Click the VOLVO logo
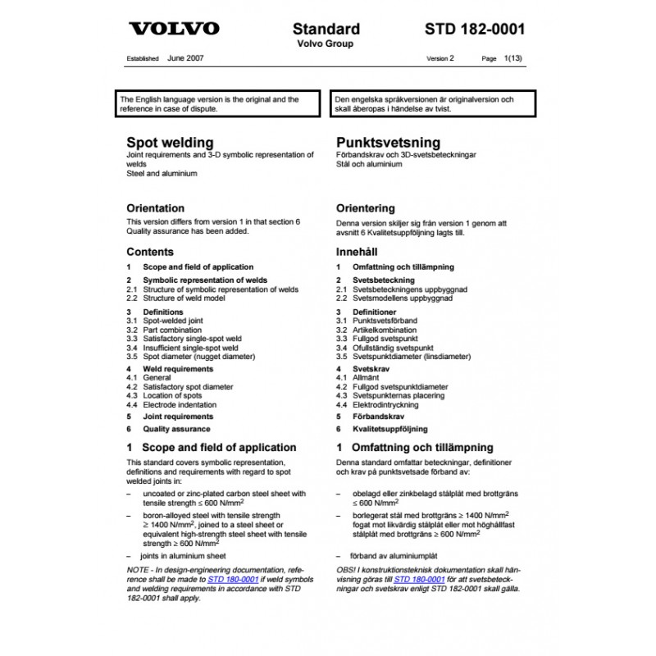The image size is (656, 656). coord(174,29)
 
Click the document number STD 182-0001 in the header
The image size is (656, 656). coord(475,29)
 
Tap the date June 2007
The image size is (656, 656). coord(185,59)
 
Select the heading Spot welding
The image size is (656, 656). coord(170,143)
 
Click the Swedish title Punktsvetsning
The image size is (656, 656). coord(388,143)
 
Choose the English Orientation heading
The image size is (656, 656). coord(155,208)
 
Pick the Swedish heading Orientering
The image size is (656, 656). coord(365,208)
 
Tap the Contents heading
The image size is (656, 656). coord(150,252)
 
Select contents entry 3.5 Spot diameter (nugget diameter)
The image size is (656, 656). coord(198,357)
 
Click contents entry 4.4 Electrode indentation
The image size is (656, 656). coord(180,405)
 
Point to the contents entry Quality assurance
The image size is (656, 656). coord(176,429)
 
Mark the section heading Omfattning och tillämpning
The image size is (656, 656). coord(421,448)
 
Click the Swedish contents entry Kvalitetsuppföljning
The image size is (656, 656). coord(389,429)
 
